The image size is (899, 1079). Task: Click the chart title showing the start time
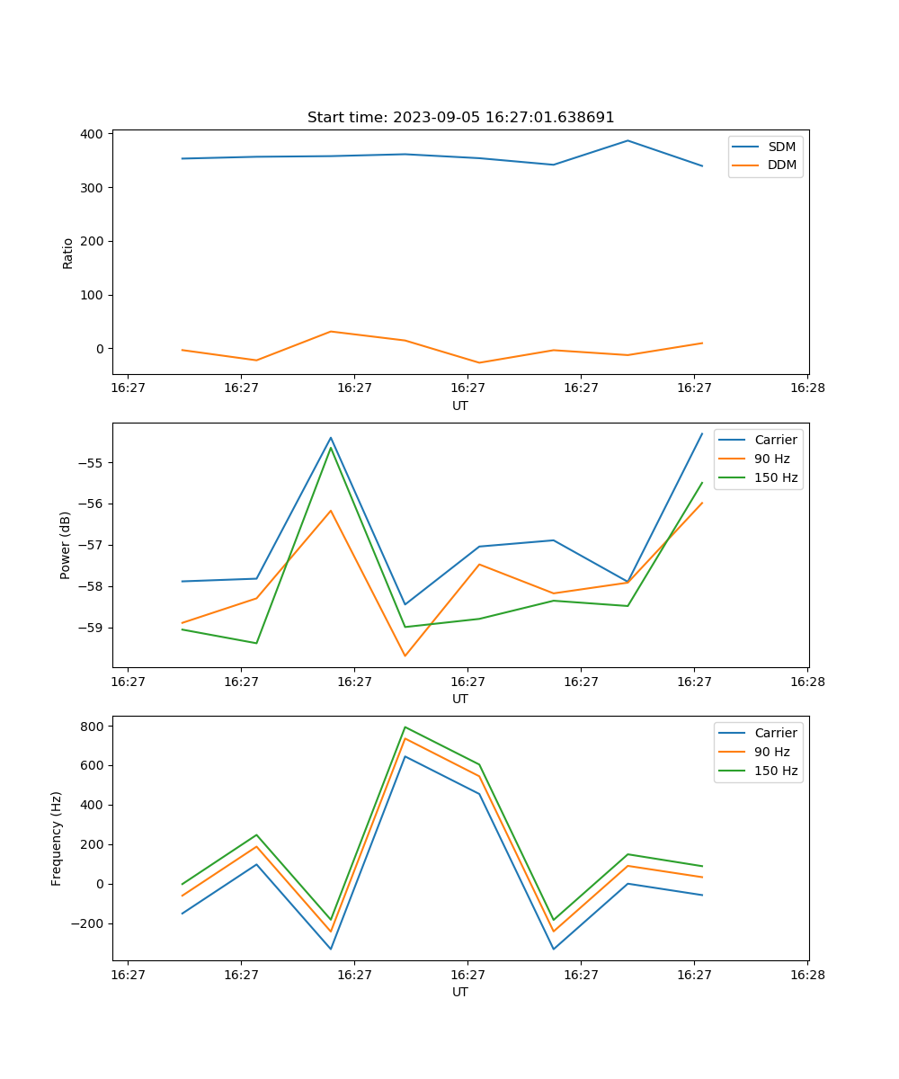click(x=460, y=118)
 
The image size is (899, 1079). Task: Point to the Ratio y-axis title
click(x=68, y=253)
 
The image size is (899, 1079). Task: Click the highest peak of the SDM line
click(x=628, y=141)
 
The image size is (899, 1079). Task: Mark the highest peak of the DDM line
click(x=331, y=332)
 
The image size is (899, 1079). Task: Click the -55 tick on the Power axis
click(x=90, y=463)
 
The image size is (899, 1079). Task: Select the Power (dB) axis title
click(x=66, y=545)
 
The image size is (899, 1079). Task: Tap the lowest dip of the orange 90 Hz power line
click(x=405, y=655)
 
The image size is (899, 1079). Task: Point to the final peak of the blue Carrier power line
click(x=702, y=433)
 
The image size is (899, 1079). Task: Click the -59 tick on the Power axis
click(x=90, y=628)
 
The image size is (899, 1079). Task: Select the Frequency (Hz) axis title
click(x=57, y=838)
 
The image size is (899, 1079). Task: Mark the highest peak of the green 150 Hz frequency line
click(x=405, y=727)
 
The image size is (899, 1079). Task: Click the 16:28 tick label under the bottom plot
click(x=807, y=974)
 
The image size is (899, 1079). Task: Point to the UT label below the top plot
click(x=460, y=406)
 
